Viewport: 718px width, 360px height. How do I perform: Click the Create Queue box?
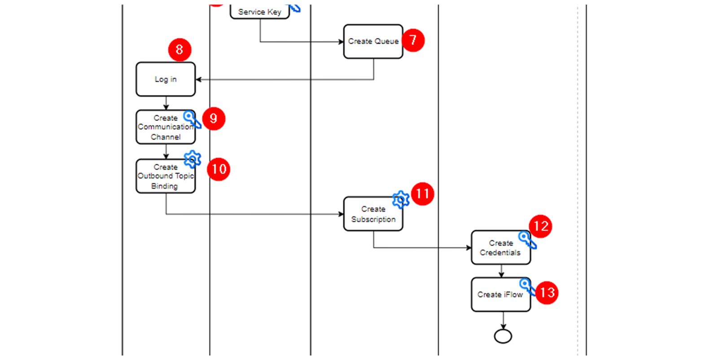373,41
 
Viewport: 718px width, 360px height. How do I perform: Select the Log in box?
166,79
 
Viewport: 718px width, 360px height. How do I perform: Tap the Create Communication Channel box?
166,127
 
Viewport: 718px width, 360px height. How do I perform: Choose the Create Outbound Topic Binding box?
166,176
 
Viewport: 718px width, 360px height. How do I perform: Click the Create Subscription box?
373,214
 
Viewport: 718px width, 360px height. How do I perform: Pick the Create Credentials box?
501,247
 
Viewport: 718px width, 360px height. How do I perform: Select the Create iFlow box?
501,294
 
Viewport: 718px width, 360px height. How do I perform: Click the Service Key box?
260,12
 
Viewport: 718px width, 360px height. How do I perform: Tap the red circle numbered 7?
413,40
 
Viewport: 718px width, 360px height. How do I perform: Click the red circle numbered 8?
180,50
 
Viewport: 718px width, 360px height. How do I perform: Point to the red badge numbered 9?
214,119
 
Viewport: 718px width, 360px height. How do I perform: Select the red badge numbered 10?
219,169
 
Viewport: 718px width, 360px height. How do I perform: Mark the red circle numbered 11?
423,194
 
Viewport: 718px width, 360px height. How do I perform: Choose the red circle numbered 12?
541,226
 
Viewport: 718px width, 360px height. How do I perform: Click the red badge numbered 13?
547,293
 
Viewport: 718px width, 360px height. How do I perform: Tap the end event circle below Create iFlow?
503,336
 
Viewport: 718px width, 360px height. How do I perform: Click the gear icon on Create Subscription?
401,199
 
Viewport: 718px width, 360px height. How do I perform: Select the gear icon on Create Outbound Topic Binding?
193,159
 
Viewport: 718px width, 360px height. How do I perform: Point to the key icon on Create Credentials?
527,240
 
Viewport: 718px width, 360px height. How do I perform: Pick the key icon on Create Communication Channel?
192,119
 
